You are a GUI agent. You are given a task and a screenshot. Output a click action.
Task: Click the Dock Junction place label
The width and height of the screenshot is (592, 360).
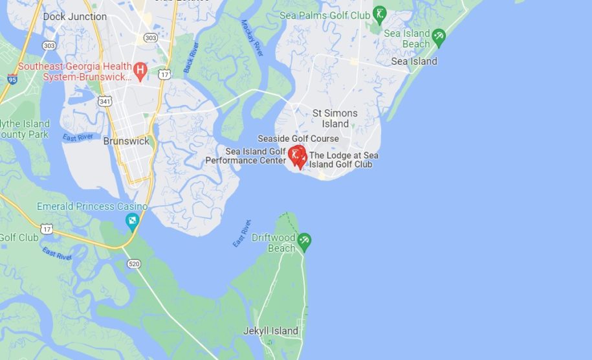[74, 16]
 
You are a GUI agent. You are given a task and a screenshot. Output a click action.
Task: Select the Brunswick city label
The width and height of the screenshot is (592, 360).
[126, 141]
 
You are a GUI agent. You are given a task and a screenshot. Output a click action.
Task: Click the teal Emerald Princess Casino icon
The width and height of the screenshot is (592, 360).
[132, 222]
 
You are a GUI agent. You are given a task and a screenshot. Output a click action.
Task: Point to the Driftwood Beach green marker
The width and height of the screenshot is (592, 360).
[304, 242]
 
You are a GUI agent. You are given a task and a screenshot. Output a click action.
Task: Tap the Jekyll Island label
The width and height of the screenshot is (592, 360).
[270, 331]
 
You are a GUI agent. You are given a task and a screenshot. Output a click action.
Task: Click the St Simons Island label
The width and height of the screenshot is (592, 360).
[335, 118]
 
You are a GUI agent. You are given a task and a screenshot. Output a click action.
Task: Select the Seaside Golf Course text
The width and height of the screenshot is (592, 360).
[298, 139]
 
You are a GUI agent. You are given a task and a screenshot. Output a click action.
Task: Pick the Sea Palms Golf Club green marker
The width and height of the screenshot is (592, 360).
[380, 14]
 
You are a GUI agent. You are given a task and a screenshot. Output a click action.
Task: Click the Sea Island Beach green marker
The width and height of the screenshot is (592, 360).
[439, 36]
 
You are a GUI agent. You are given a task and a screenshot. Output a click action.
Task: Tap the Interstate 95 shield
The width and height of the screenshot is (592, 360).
[12, 79]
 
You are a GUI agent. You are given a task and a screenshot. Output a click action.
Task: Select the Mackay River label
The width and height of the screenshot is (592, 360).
[252, 38]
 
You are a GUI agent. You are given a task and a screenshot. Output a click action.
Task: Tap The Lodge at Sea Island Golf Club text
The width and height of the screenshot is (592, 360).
[344, 160]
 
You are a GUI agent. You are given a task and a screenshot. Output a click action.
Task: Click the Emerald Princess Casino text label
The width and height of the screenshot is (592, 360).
[92, 207]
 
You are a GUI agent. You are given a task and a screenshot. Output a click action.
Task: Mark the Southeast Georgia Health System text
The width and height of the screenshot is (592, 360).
[74, 71]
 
